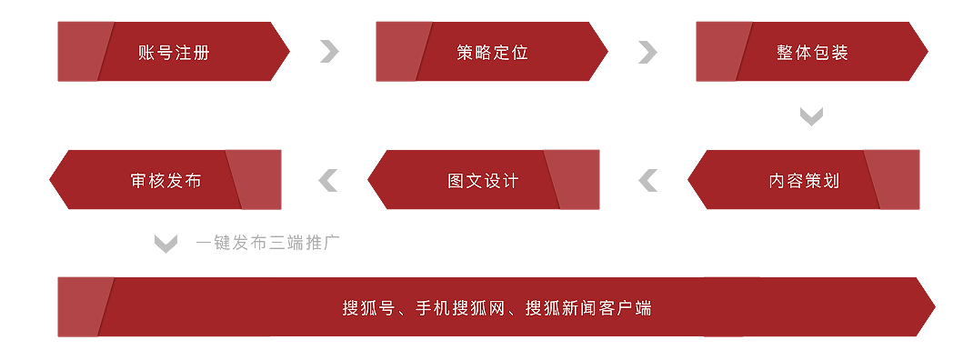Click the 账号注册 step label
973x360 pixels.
[174, 53]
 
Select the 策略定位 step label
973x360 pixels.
[492, 53]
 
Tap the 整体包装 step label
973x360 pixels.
[812, 53]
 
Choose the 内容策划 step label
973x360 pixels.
[804, 181]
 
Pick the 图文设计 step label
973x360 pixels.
[484, 181]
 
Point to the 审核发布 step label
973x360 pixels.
[166, 181]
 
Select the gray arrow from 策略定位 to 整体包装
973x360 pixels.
[649, 52]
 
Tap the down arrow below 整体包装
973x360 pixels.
[812, 116]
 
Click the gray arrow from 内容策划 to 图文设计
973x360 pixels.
[647, 180]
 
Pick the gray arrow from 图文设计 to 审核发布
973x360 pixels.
[327, 180]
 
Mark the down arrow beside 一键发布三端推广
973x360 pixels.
[166, 244]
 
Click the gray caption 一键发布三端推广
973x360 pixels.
[268, 243]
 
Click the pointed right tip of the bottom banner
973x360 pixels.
[935, 306]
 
